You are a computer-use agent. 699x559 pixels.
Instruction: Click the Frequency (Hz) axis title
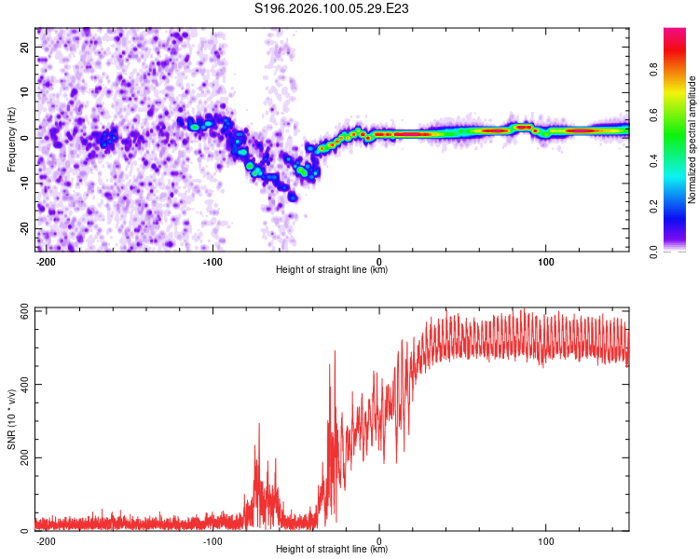11,138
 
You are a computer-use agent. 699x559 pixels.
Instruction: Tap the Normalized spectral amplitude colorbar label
692,140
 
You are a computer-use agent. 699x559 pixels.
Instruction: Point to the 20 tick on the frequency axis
25,47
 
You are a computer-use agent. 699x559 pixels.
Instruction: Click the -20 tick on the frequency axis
23,228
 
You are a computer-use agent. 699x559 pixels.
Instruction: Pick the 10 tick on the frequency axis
25,92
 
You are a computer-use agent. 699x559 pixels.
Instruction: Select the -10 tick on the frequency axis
23,183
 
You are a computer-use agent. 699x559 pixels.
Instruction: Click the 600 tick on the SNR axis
22,311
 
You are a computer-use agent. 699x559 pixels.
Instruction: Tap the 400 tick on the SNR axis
22,384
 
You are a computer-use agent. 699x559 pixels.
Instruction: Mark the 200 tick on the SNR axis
22,457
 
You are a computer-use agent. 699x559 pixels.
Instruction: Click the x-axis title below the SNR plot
332,550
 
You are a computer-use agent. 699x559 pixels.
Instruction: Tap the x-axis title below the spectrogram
332,270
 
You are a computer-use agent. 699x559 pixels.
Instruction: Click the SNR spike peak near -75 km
257,424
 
